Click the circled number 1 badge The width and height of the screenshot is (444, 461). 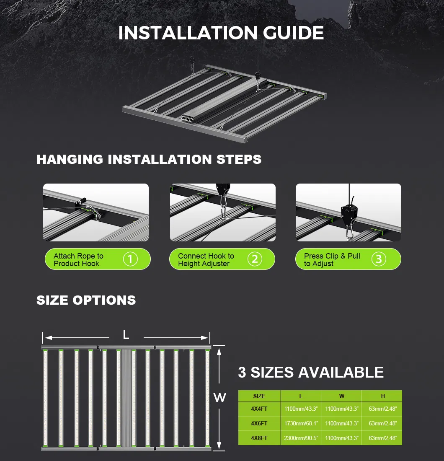pos(130,259)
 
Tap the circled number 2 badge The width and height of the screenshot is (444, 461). pos(255,259)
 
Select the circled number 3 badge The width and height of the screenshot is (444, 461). pos(379,259)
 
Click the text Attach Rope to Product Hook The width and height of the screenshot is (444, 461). pos(78,260)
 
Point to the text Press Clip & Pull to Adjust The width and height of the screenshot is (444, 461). pos(332,260)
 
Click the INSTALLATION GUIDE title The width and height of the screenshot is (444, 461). pos(221,34)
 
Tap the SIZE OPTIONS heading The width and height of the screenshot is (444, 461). pos(86,300)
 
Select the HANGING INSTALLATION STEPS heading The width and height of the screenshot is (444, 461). pos(149,159)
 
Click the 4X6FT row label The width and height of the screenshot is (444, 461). pos(259,423)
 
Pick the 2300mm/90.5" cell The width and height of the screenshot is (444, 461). pos(301,438)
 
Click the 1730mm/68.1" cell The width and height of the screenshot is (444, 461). pos(301,423)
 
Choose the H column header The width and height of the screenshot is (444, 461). pos(382,396)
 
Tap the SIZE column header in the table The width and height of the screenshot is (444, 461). pos(259,396)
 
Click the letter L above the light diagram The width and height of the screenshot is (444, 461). pos(126,335)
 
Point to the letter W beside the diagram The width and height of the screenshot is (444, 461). pos(219,398)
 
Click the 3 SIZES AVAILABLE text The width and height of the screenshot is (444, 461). pos(311,372)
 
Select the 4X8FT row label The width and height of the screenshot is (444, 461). pos(259,438)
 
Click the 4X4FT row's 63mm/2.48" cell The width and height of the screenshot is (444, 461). pos(382,408)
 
